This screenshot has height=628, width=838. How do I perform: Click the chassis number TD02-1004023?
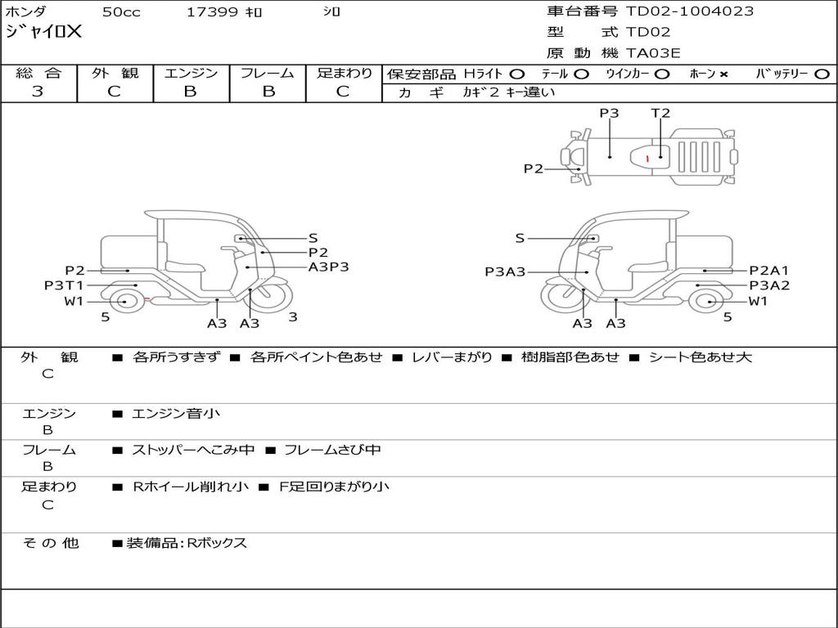click(690, 11)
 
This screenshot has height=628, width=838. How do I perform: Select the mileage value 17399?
click(212, 12)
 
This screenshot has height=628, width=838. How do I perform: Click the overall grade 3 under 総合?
click(38, 92)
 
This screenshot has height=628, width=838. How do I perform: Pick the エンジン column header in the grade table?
click(191, 74)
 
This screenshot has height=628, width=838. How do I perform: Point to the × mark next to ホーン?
click(723, 74)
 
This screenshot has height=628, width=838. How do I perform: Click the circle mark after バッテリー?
click(822, 74)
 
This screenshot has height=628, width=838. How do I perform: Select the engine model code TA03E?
click(653, 54)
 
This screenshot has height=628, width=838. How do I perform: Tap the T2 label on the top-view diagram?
click(660, 114)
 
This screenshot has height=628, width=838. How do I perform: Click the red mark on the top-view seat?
click(647, 157)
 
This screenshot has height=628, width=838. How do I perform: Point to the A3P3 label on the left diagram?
click(329, 267)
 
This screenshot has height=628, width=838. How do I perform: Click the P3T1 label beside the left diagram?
click(64, 285)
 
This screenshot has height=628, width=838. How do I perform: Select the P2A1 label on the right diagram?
click(769, 271)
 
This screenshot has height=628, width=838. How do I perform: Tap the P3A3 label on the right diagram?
click(505, 272)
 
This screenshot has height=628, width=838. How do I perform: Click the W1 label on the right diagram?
click(759, 301)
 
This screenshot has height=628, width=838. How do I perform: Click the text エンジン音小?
click(176, 414)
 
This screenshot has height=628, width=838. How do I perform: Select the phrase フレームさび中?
click(331, 450)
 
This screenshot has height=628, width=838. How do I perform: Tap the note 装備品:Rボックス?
click(186, 543)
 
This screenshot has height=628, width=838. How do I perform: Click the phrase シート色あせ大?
click(700, 357)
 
